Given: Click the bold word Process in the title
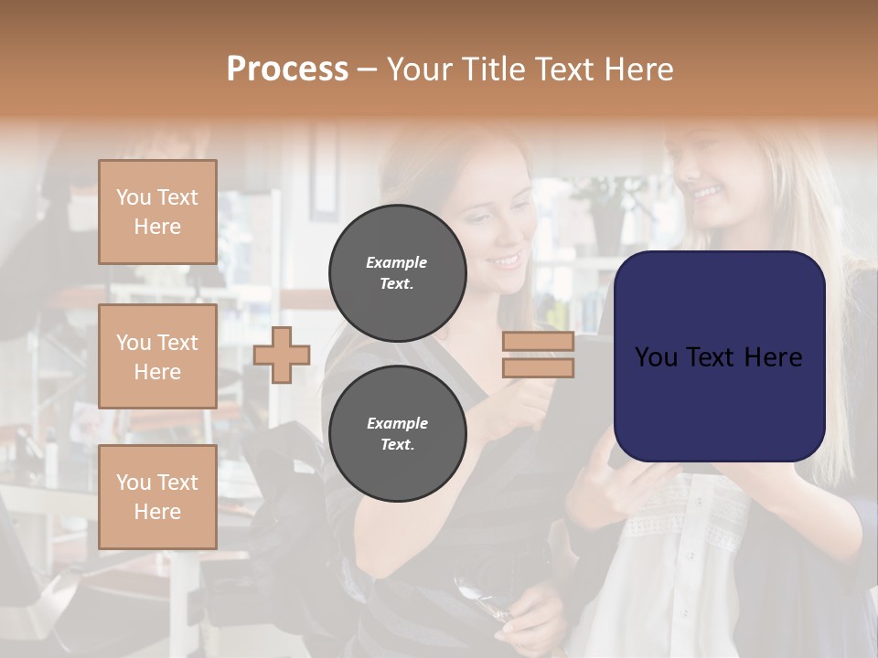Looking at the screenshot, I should coord(287,69).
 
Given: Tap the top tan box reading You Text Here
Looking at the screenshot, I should coord(157,212).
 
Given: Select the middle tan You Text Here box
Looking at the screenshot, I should coord(157,356).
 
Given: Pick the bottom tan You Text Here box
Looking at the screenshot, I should coord(157,497).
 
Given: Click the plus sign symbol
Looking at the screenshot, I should coord(282,355).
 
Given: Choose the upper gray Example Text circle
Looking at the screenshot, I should coord(397,272).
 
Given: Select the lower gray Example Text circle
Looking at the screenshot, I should coord(397,433).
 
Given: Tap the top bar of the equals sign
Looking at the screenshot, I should coord(538,342).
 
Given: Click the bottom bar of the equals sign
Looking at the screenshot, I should coord(538,367).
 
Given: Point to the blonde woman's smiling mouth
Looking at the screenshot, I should coord(706,193).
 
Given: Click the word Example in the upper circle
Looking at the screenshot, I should coord(397,262).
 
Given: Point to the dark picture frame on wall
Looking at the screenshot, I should coord(323,174).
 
